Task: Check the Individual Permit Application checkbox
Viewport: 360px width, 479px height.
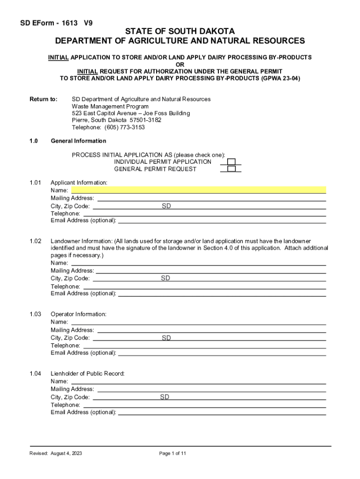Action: pos(231,162)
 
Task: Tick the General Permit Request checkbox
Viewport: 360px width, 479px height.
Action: pos(231,169)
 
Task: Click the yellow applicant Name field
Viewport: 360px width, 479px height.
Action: pos(198,190)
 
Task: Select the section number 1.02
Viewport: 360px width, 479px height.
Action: pos(36,241)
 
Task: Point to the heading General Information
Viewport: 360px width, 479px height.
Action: pos(78,141)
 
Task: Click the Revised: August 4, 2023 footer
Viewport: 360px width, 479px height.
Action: pos(56,454)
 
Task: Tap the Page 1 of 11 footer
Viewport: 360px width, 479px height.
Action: pos(173,454)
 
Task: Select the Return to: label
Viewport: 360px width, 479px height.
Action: pos(43,99)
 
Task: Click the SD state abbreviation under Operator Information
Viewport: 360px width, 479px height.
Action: pos(166,338)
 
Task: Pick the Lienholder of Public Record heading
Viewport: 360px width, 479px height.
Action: pos(87,374)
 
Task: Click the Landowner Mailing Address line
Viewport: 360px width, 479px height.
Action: pos(210,271)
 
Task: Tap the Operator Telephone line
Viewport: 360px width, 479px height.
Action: pos(204,346)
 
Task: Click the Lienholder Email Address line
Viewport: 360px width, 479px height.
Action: pos(222,413)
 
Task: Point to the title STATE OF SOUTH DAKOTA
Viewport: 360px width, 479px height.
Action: pos(180,31)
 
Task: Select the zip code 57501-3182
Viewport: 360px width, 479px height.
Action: pos(145,120)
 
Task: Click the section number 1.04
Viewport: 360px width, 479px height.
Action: pos(36,374)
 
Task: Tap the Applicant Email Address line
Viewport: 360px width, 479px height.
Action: pos(222,220)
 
